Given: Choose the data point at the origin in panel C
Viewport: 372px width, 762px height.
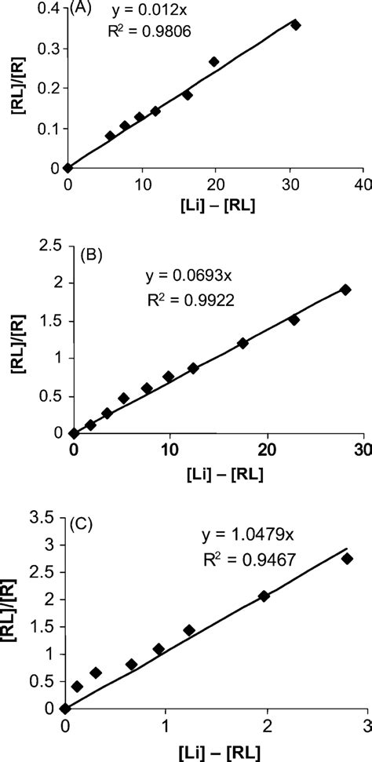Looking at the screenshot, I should click(x=66, y=709).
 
